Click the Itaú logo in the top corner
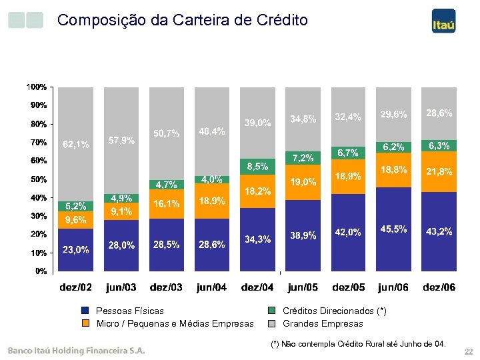[x=443, y=21]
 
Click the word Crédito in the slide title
[x=281, y=20]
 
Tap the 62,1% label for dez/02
[x=75, y=145]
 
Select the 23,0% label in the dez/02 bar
[x=75, y=250]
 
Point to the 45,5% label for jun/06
[x=394, y=229]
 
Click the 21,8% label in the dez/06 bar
[x=439, y=172]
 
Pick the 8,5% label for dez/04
[x=257, y=166]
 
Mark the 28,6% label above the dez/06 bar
[x=439, y=113]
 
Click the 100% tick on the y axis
[x=36, y=87]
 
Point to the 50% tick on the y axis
[x=38, y=179]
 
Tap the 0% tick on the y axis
[x=40, y=271]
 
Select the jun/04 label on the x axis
[x=212, y=288]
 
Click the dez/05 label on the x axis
[x=349, y=288]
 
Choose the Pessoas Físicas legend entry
[x=130, y=311]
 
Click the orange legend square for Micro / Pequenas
[x=85, y=324]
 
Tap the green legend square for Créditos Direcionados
[x=271, y=311]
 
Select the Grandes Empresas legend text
[x=323, y=324]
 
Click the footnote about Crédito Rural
[x=358, y=344]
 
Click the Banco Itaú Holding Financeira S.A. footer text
[x=76, y=350]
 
